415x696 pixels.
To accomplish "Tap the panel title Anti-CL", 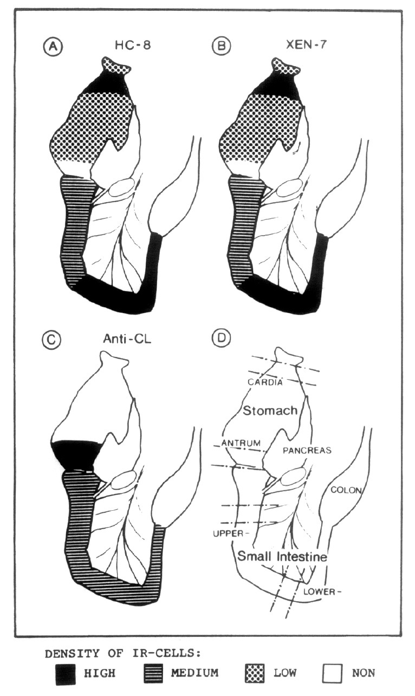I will (126, 340).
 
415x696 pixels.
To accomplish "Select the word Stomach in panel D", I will (270, 410).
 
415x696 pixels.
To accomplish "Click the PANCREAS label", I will (308, 450).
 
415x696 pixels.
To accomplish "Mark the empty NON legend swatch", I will (333, 674).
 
